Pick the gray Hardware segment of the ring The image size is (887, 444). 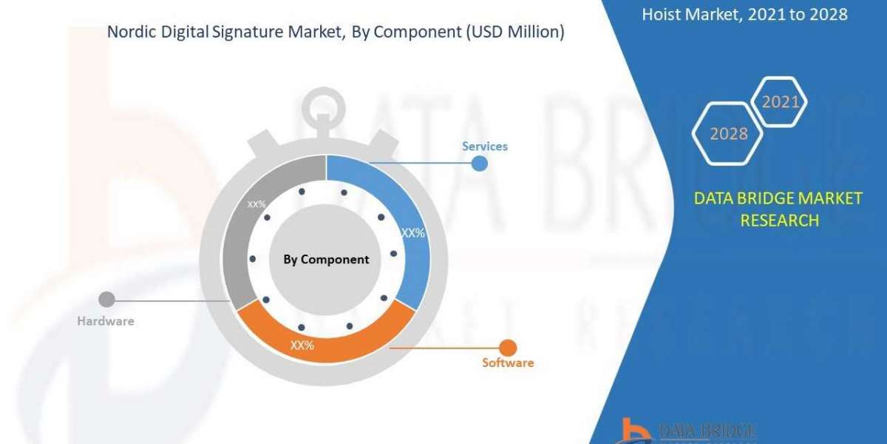point(244,244)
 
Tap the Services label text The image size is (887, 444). point(485,146)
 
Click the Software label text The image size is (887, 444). point(508,363)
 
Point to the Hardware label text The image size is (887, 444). point(106,321)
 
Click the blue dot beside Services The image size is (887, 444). point(480,164)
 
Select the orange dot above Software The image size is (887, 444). point(508,346)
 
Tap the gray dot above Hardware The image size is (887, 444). point(106,300)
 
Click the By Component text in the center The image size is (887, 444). point(326,259)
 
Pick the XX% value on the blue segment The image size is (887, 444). point(412,232)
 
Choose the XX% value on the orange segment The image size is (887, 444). point(302,345)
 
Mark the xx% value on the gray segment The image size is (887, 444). point(256,203)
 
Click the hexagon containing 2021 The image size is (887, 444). point(780,102)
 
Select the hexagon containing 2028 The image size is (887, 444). point(728,134)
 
